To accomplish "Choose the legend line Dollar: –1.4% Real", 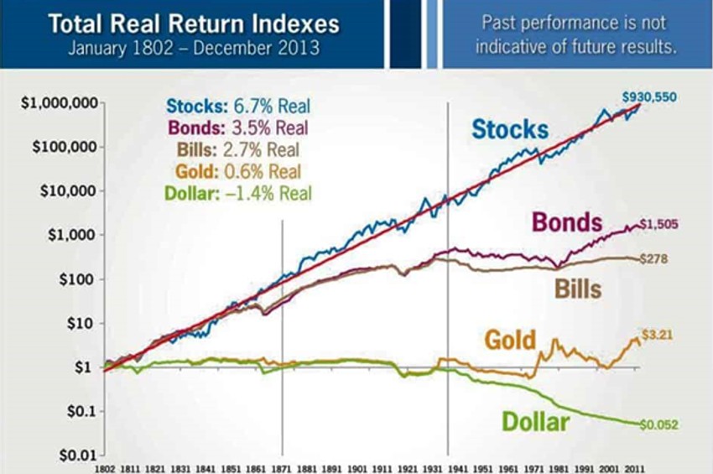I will [x=238, y=193].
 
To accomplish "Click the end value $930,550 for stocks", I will [x=648, y=97].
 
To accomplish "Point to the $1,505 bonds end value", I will [x=658, y=225].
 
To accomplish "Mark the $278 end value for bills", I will [x=653, y=260].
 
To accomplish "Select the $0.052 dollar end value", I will [x=657, y=424].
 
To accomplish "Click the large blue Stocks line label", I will [x=509, y=129].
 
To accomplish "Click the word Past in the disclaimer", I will [x=501, y=22].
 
